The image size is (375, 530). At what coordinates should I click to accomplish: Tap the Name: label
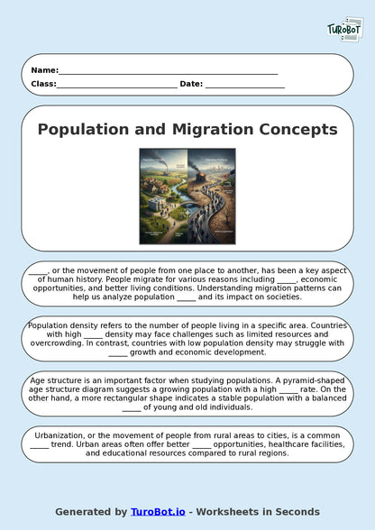pos(44,70)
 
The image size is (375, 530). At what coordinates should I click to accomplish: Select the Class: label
pos(43,84)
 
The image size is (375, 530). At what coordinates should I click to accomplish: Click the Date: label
pos(191,84)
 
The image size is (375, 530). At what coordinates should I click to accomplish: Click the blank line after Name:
pos(168,71)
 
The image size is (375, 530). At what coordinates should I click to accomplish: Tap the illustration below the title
pos(187,196)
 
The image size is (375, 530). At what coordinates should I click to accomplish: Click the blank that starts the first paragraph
pos(38,270)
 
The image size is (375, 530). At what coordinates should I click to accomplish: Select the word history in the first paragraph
pos(110,279)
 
